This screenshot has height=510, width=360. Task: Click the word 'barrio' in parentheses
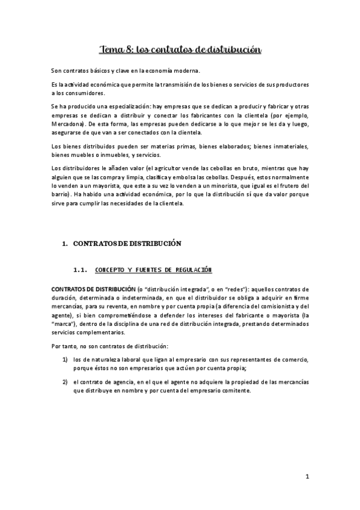point(61,195)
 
